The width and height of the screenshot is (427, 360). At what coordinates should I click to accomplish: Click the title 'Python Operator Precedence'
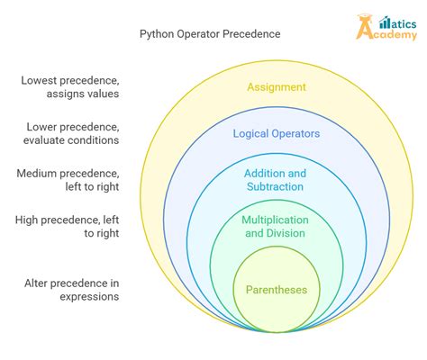click(x=210, y=34)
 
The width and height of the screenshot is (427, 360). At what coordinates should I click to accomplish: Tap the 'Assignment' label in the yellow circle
click(x=276, y=87)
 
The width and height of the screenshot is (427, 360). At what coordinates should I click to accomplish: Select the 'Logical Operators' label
click(x=276, y=133)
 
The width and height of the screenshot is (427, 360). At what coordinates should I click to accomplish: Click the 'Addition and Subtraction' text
click(x=276, y=179)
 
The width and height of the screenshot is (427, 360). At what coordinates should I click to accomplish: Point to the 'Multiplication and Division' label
click(x=276, y=227)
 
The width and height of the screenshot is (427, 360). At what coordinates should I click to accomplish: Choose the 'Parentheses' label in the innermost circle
click(x=276, y=290)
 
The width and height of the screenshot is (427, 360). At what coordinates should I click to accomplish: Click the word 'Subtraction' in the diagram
click(x=276, y=186)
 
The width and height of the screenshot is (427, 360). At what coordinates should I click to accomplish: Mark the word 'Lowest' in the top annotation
click(x=40, y=80)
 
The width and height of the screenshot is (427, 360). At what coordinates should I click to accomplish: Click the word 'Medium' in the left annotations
click(x=39, y=173)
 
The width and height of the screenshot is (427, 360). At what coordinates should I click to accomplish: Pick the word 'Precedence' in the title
click(x=251, y=34)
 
